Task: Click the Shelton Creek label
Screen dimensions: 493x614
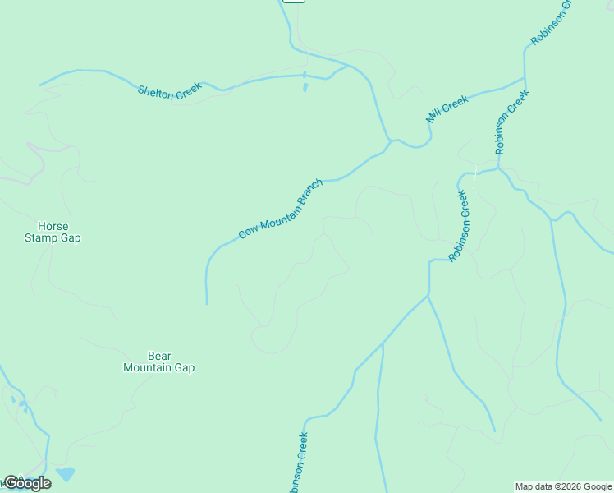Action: click(169, 93)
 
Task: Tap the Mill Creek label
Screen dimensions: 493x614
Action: click(447, 108)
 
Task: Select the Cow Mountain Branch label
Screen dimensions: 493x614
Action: click(282, 210)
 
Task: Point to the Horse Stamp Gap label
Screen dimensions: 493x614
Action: click(53, 232)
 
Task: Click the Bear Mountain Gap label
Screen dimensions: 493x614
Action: click(158, 362)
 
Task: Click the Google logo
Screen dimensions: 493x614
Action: click(27, 483)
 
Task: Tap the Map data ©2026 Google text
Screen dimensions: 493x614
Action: click(563, 486)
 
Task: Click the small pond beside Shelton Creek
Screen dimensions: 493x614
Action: click(305, 85)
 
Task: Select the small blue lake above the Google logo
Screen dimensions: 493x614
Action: click(66, 474)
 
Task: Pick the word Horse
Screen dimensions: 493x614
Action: click(53, 226)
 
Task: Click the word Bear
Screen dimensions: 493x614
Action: click(158, 356)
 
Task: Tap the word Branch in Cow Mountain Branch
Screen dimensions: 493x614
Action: click(310, 192)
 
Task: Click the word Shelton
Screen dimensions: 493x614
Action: click(156, 91)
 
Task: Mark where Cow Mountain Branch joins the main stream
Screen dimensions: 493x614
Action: click(390, 142)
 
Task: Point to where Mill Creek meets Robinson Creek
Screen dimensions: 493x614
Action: click(525, 80)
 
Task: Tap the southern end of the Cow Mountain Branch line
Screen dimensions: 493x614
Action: click(206, 303)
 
